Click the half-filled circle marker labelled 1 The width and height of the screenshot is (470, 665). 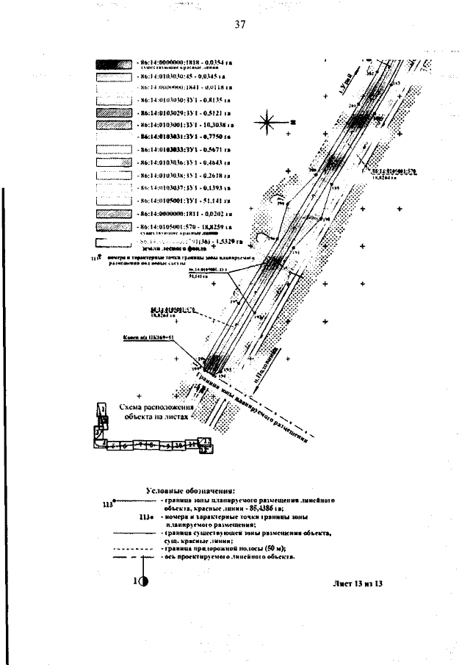[144, 581]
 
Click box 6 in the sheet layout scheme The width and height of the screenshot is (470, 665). [125, 445]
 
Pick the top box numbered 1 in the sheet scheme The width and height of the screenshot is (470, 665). [103, 410]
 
